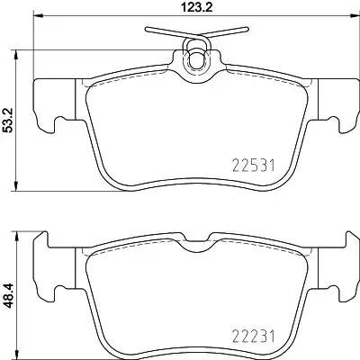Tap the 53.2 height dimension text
point(10,121)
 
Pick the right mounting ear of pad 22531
point(332,103)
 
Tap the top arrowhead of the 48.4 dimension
point(20,237)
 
